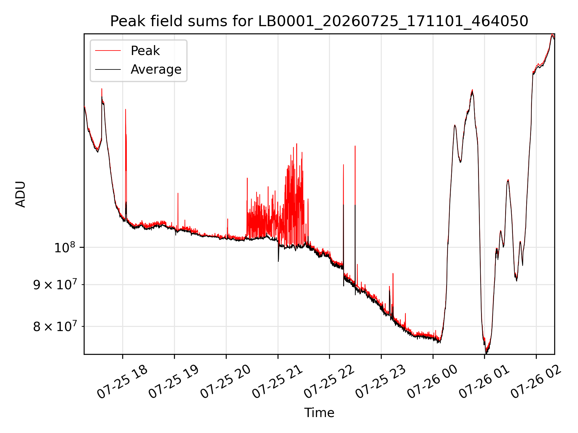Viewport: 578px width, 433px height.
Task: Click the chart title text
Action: [x=319, y=21]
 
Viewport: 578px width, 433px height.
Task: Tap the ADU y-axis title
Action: [x=20, y=194]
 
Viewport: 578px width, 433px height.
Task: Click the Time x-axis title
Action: [x=319, y=413]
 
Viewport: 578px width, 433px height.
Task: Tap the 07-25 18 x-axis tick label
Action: [x=122, y=382]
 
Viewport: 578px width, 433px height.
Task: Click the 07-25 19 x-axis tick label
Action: [x=174, y=382]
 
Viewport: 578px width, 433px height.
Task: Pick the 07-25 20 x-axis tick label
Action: [x=225, y=382]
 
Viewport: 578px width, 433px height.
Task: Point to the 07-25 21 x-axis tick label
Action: [x=277, y=382]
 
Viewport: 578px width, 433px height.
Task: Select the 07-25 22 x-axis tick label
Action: [x=329, y=382]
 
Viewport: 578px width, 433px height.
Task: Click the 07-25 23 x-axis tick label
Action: [x=381, y=382]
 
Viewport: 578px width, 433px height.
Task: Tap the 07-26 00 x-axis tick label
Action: [x=432, y=382]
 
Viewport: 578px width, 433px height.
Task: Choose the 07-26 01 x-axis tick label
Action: [x=484, y=382]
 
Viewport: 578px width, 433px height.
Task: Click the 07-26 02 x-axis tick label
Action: [x=536, y=382]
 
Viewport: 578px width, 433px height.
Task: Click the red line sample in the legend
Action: [x=108, y=51]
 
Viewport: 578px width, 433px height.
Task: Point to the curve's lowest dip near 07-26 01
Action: [x=486, y=352]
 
